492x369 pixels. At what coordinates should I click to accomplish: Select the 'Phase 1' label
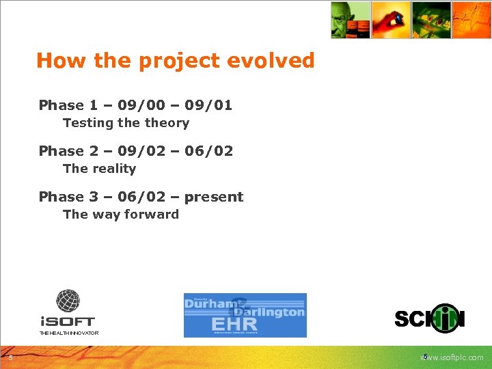coord(68,105)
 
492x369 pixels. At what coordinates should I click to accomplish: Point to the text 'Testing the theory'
coord(126,123)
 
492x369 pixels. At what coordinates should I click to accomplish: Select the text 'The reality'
coord(99,169)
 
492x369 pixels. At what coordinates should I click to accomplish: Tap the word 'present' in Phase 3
coord(214,197)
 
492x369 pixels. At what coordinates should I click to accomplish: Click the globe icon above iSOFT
coord(68,301)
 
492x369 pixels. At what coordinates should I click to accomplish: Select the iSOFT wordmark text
coord(68,320)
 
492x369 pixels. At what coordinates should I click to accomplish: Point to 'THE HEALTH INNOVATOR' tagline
coord(68,333)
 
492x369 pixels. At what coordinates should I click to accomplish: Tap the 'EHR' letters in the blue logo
coord(234,323)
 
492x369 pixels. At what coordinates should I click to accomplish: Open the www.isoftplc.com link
coord(452,357)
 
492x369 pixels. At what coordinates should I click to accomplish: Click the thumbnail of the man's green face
coord(351,20)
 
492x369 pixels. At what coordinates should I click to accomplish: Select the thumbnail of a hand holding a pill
coord(391,20)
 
